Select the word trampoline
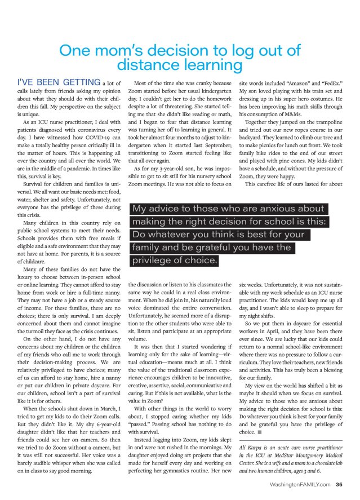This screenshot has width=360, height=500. click(x=324, y=121)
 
